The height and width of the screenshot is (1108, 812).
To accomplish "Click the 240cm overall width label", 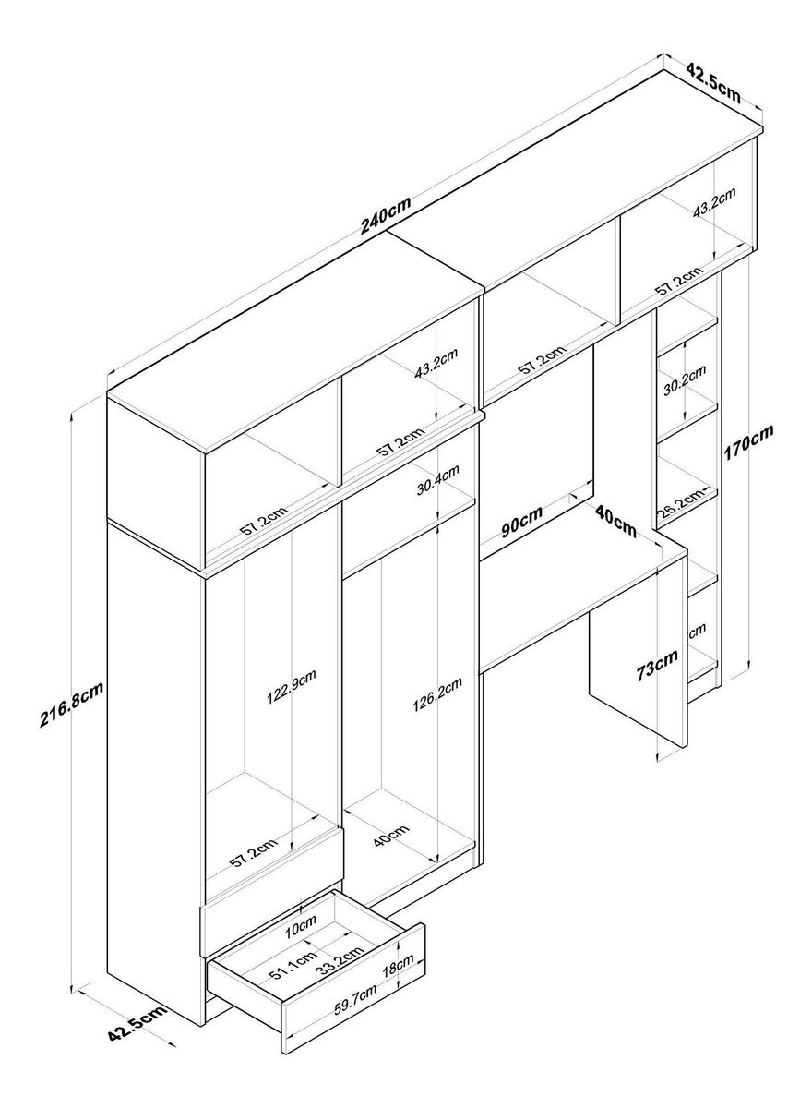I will tap(385, 214).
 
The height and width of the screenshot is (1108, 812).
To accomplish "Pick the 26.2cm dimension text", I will tap(680, 503).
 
